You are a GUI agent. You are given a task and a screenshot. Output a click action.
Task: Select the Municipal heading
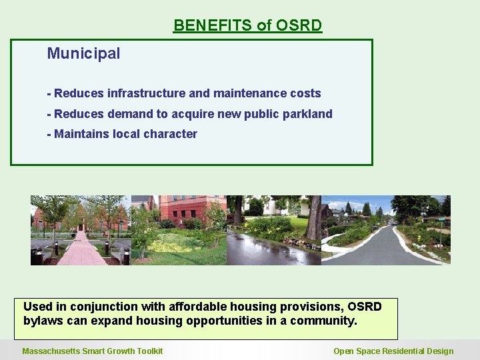(x=83, y=53)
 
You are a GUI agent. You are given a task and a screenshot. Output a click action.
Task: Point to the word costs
(x=305, y=93)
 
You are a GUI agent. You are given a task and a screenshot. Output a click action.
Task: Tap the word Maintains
(x=81, y=134)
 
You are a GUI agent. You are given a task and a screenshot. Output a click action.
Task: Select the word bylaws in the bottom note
(x=41, y=321)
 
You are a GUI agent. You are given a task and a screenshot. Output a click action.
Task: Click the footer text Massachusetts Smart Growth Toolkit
(x=92, y=351)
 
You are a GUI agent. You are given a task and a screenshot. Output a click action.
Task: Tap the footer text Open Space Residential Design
(x=393, y=351)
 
